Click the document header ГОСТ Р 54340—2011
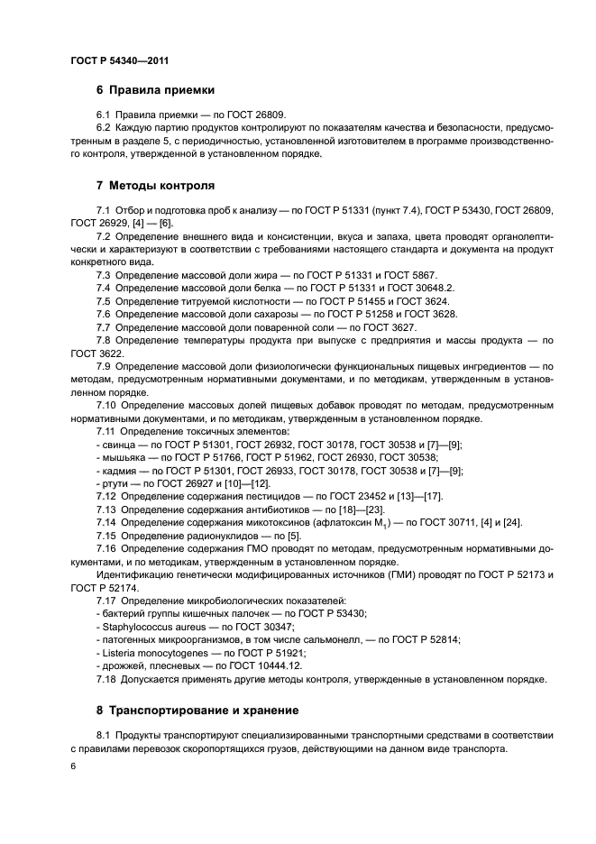(119, 60)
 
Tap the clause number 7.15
(106, 536)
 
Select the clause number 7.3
(103, 273)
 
